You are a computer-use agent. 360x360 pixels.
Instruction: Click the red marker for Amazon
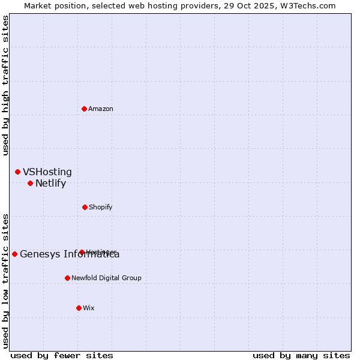pos(85,109)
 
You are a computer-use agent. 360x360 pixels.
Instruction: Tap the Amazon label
pos(101,109)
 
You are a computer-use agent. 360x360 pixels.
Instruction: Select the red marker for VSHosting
pos(17,172)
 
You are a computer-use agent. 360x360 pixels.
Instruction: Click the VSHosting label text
pos(47,172)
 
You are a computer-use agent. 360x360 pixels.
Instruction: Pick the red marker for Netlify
pos(30,183)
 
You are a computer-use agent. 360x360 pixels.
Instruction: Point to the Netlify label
pos(50,184)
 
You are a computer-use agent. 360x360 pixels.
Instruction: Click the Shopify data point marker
pos(85,207)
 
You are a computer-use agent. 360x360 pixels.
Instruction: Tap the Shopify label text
pos(100,208)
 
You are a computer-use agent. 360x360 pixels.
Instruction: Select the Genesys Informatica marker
pos(14,254)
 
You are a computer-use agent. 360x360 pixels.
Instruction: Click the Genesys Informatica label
pos(70,254)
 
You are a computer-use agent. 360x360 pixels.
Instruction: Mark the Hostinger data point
pos(82,252)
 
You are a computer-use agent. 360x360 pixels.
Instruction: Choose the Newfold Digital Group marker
pos(67,278)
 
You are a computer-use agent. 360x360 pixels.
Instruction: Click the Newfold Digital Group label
pos(106,278)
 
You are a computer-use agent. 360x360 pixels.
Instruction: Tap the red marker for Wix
pos(79,308)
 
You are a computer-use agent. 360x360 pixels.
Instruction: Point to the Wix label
pos(89,308)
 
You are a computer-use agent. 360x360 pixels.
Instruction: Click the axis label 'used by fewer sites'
pos(62,355)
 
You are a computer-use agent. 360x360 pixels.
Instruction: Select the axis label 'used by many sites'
pos(301,355)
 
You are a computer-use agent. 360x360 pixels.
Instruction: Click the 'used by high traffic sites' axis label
pos(6,85)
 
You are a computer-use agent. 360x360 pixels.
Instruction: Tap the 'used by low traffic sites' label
pos(6,281)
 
